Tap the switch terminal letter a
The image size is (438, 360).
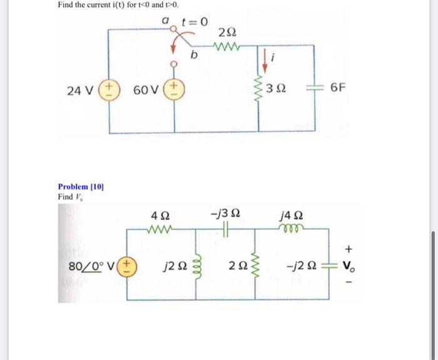166,20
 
